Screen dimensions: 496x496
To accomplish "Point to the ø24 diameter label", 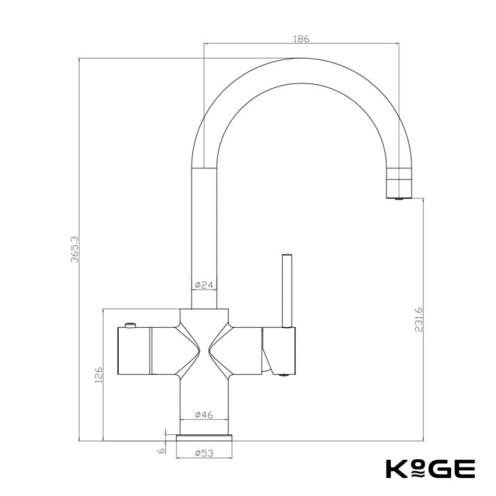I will point(204,285).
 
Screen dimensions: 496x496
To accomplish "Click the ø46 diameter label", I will point(204,414).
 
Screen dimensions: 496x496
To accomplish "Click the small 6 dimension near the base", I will point(160,449).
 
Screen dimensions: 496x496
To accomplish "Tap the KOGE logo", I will point(430,468).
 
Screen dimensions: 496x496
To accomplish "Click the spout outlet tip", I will point(399,198).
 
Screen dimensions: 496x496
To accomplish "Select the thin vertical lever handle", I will point(286,289).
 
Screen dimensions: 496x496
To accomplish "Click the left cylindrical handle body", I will point(147,351).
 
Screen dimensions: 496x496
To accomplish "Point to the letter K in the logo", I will point(396,468).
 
